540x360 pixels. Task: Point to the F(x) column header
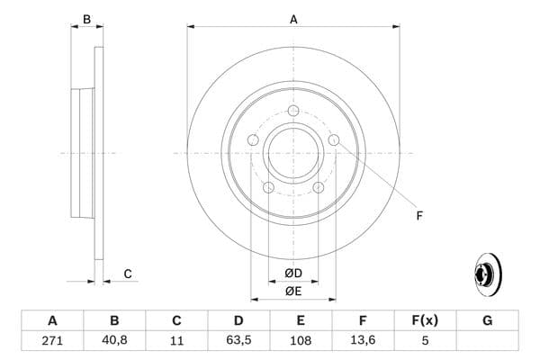point(425,320)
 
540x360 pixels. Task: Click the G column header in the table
point(487,320)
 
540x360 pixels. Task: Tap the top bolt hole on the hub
point(293,112)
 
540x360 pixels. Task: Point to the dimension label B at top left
point(86,19)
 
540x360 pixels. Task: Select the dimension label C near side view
point(128,274)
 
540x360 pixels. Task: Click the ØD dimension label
point(293,274)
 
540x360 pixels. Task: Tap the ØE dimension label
point(293,291)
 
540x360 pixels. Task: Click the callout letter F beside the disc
point(418,215)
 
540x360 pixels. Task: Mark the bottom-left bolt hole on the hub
point(268,187)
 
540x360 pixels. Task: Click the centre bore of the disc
point(293,153)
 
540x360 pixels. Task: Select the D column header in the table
point(238,320)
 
